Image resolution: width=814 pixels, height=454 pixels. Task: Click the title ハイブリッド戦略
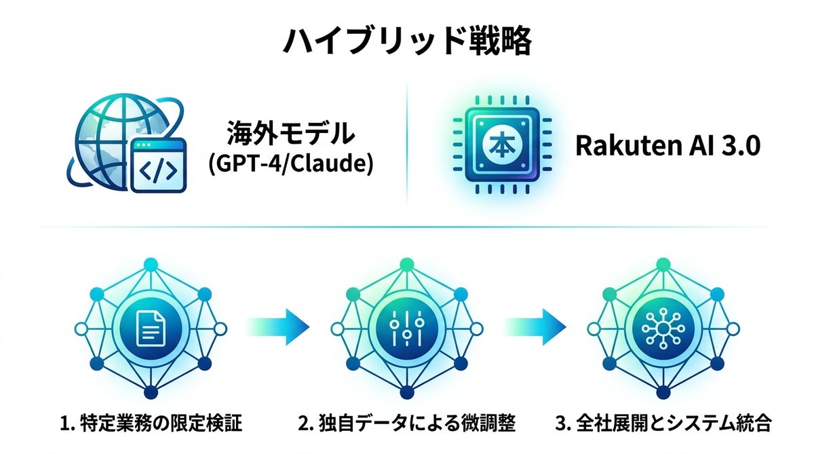tap(406, 41)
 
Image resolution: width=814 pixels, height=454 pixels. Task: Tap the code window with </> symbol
tap(157, 166)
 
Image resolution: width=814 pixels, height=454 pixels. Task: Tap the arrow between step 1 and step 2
tap(273, 327)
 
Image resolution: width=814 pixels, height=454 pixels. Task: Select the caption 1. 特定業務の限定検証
tap(151, 425)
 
